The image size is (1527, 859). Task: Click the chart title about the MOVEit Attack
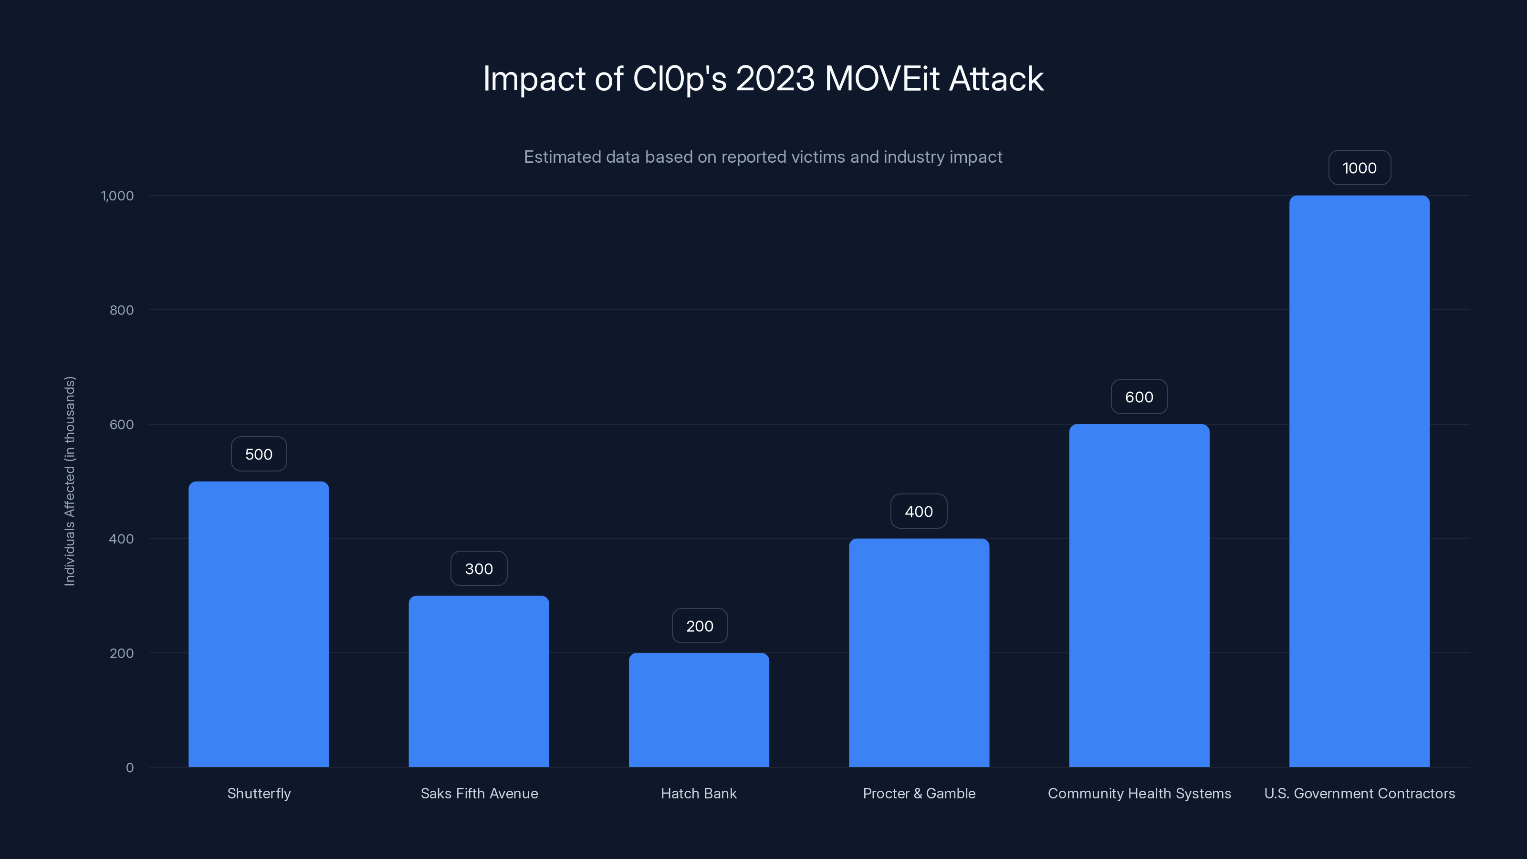pyautogui.click(x=763, y=79)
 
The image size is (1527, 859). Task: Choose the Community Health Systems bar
pyautogui.click(x=1139, y=595)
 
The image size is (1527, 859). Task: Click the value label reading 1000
pyautogui.click(x=1359, y=168)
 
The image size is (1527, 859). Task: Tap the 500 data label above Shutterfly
pyautogui.click(x=259, y=454)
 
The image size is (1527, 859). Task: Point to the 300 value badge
pyautogui.click(x=478, y=568)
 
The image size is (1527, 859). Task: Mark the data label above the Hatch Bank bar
pyautogui.click(x=700, y=626)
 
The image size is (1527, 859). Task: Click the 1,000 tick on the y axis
pyautogui.click(x=117, y=196)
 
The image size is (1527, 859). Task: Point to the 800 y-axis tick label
pyautogui.click(x=122, y=310)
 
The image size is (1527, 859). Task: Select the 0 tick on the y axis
pyautogui.click(x=130, y=768)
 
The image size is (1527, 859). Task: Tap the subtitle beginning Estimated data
pyautogui.click(x=763, y=157)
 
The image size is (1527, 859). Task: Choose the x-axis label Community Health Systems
pyautogui.click(x=1139, y=793)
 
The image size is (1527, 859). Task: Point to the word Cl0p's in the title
pyautogui.click(x=680, y=79)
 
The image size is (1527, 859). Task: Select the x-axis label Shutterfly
pyautogui.click(x=259, y=793)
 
